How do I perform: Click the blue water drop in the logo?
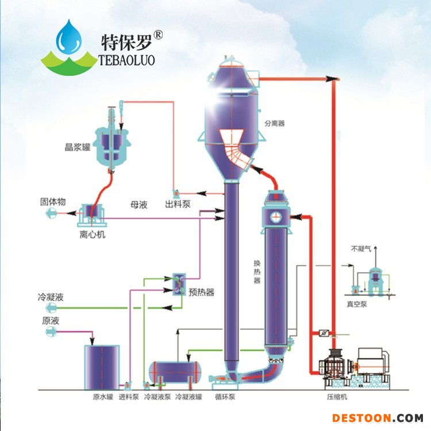[x=69, y=37]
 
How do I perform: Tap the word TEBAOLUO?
[x=127, y=60]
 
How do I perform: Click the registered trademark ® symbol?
[x=158, y=35]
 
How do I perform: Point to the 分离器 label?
[x=275, y=124]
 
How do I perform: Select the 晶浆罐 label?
[x=78, y=147]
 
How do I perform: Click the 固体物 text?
[x=53, y=202]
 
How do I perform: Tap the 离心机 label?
[x=93, y=234]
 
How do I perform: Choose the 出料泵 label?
[x=178, y=204]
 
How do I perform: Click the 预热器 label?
[x=202, y=292]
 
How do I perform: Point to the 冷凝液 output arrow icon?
[x=51, y=308]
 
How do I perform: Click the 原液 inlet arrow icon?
[x=51, y=332]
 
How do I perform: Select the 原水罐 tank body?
[x=102, y=367]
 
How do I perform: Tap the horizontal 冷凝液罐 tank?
[x=175, y=372]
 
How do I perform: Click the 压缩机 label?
[x=337, y=397]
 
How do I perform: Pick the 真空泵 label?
[x=357, y=304]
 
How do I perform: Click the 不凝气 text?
[x=361, y=249]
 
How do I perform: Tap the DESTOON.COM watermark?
[x=378, y=418]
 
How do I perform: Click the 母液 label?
[x=139, y=205]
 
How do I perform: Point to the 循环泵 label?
[x=225, y=397]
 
